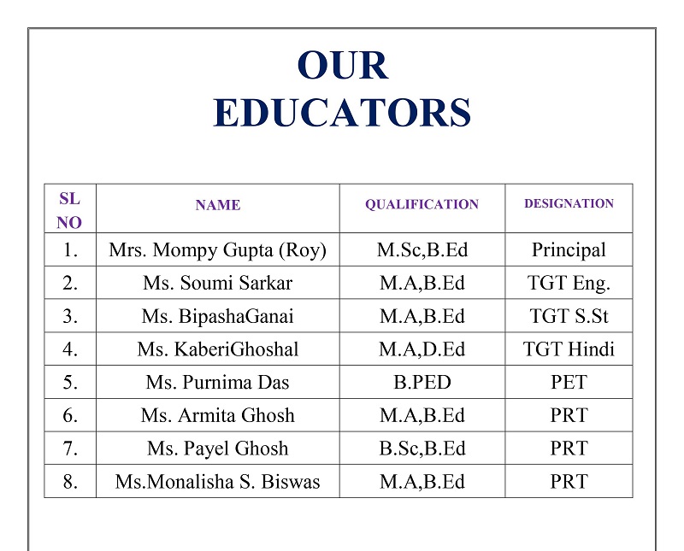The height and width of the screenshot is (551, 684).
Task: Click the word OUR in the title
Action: click(342, 67)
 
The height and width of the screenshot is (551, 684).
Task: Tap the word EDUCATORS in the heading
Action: click(342, 113)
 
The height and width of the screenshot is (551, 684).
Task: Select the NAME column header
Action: click(217, 205)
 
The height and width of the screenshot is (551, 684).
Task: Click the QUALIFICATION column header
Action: click(422, 205)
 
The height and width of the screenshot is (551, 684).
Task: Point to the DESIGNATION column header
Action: click(569, 204)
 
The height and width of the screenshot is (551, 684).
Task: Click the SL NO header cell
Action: click(70, 210)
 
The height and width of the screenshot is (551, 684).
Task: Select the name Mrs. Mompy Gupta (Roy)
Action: click(217, 250)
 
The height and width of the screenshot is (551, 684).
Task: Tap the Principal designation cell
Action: click(569, 250)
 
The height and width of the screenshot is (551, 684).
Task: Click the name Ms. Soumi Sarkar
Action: click(217, 284)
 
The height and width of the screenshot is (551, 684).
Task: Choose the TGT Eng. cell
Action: click(569, 284)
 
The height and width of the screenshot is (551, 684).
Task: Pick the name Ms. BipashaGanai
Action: click(217, 316)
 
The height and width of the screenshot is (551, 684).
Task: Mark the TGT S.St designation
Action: click(569, 316)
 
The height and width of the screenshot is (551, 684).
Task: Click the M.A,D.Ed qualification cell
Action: click(422, 349)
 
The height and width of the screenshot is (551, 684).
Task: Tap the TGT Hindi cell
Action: click(569, 349)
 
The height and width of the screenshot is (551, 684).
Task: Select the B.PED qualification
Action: click(422, 383)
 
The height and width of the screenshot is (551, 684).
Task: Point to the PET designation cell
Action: click(569, 383)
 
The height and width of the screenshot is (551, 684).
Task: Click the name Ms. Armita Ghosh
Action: click(217, 416)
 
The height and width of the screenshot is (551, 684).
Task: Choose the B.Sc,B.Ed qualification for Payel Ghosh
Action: click(422, 448)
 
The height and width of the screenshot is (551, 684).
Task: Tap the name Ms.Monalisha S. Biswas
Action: click(217, 482)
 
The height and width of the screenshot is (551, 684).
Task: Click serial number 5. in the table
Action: click(70, 383)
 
